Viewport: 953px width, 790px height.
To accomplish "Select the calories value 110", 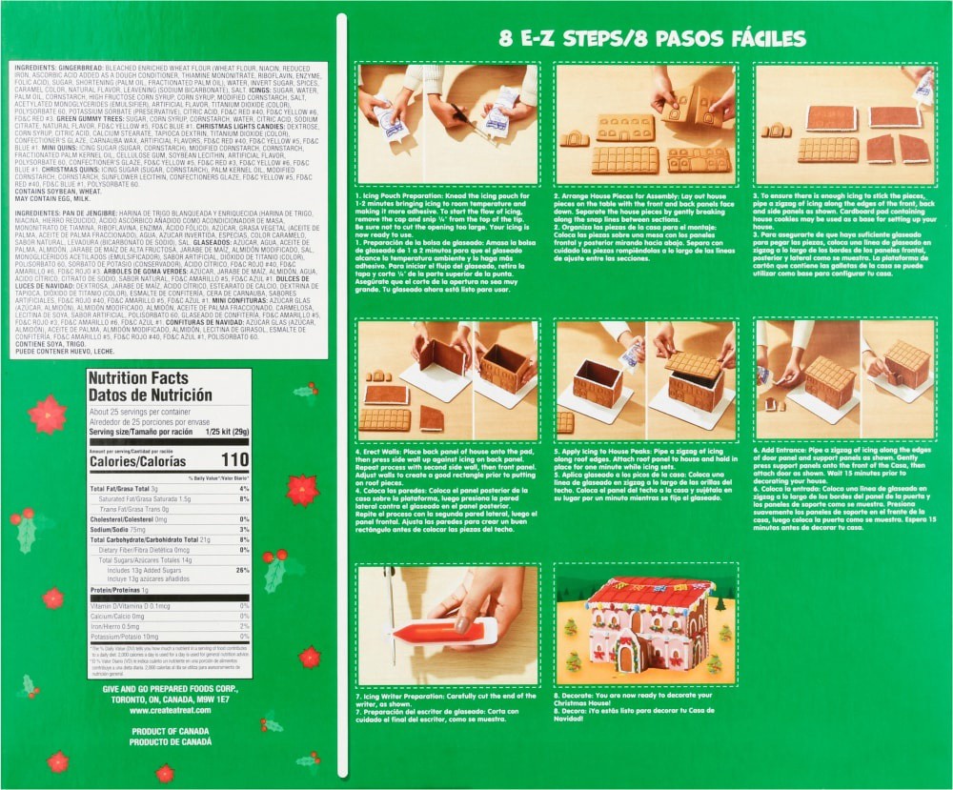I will click(x=234, y=461).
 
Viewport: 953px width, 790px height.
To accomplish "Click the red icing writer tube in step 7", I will click(x=446, y=630).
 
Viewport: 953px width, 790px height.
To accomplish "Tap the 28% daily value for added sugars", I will click(x=243, y=570).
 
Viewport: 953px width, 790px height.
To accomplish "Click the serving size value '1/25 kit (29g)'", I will click(x=221, y=432).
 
